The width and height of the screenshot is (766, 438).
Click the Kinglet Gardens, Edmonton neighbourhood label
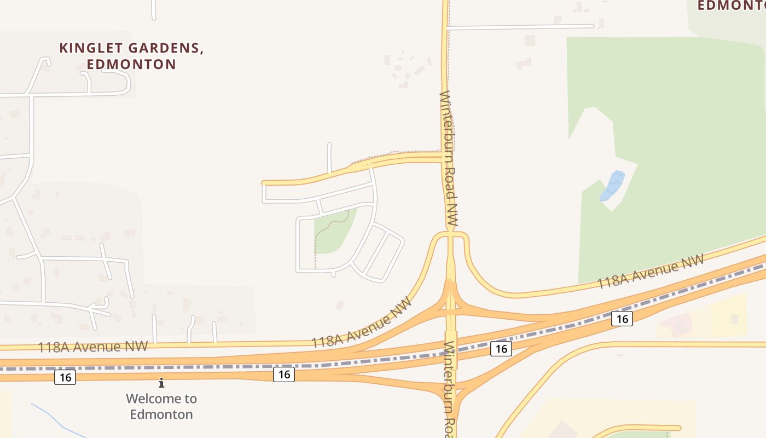click(x=131, y=56)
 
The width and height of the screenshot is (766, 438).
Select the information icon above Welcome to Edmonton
click(x=161, y=383)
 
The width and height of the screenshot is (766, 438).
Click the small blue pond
click(x=612, y=186)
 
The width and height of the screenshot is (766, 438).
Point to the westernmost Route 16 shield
click(x=65, y=377)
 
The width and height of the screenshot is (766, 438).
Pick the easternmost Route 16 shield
click(x=622, y=318)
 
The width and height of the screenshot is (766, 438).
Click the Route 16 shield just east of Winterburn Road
click(x=501, y=349)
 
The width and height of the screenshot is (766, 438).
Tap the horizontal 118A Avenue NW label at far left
click(x=93, y=347)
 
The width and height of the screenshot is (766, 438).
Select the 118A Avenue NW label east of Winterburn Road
click(x=649, y=274)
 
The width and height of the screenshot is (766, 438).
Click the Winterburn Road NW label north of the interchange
click(x=448, y=159)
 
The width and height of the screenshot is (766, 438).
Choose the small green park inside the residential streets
click(x=332, y=233)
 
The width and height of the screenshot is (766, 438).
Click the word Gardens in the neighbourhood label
click(x=165, y=48)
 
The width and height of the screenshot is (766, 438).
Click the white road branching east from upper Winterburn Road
click(x=520, y=26)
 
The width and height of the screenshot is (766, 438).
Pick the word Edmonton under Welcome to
click(x=161, y=414)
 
